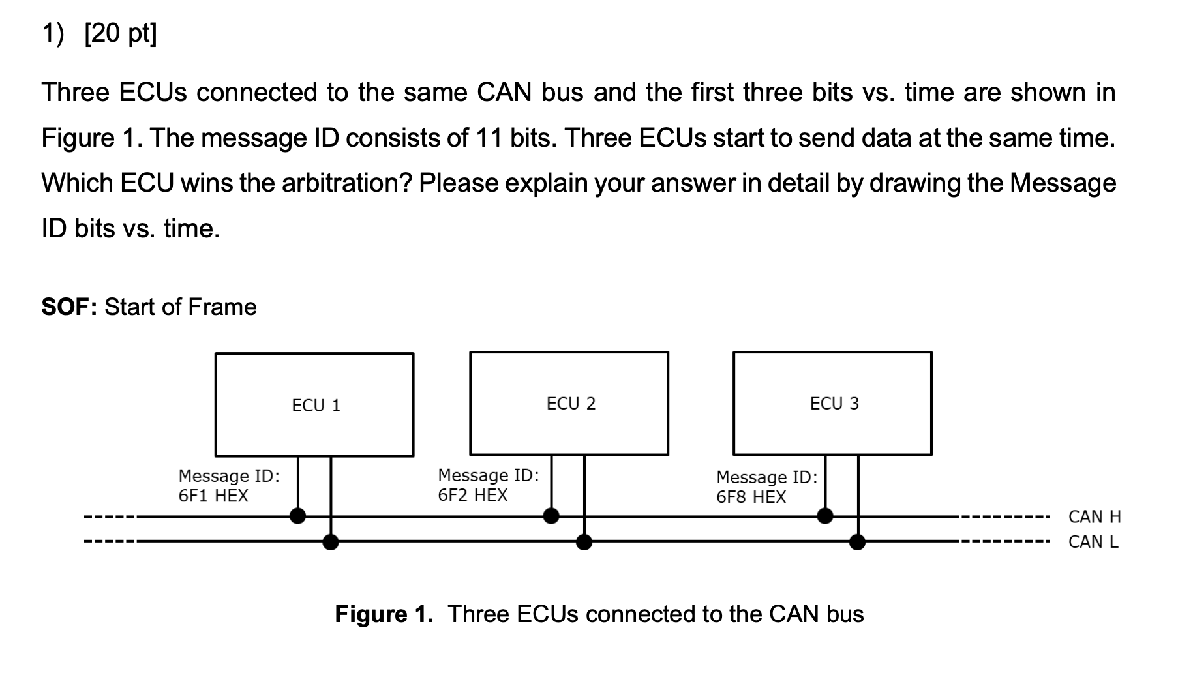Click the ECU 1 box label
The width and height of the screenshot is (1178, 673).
pos(316,406)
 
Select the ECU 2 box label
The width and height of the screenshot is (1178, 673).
pos(571,404)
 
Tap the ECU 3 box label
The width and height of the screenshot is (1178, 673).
pos(834,404)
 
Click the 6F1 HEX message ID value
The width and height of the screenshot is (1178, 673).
pos(213,496)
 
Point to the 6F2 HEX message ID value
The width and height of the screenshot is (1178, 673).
pos(472,495)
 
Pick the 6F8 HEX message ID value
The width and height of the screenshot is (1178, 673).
pos(751,497)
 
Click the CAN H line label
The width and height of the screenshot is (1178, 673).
pos(1094,517)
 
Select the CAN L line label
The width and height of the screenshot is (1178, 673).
pos(1093,542)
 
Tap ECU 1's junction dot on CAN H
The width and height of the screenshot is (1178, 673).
pos(297,516)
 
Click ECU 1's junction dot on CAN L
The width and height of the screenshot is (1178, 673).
pos(331,541)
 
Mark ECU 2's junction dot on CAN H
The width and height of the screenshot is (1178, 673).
pos(551,516)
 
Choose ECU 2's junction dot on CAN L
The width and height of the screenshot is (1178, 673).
pos(584,541)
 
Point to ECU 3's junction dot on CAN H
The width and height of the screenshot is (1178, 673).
pos(825,516)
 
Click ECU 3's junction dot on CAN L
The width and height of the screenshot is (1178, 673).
pos(857,541)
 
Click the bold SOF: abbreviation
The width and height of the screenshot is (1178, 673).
pos(68,307)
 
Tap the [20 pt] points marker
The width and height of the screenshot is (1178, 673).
pos(121,33)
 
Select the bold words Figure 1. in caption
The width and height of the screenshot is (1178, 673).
pos(384,614)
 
